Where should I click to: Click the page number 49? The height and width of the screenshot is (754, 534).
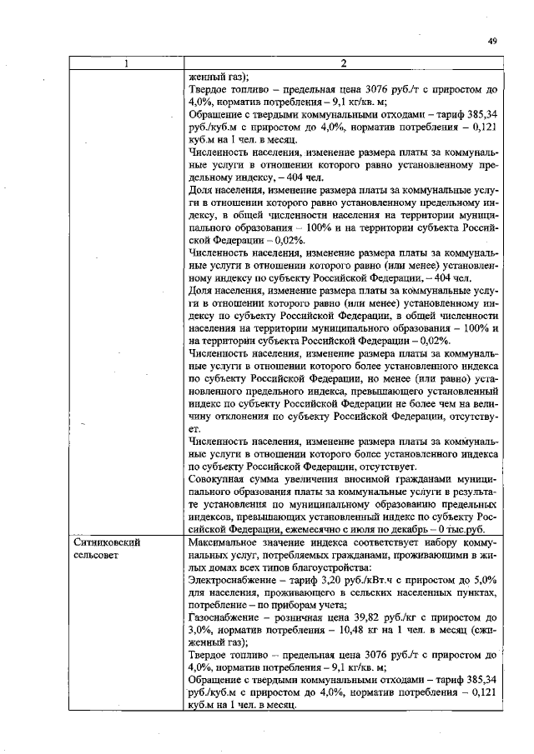tap(492, 40)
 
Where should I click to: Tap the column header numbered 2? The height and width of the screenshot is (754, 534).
tap(344, 62)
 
